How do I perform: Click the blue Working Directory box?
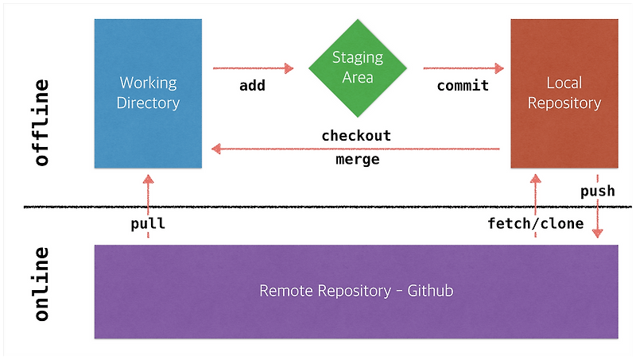148,93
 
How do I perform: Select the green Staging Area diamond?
357,68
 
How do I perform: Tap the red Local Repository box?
564,93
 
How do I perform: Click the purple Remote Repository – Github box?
356,291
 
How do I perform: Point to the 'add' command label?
252,86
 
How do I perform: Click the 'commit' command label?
463,86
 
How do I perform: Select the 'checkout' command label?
356,136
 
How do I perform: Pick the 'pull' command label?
148,223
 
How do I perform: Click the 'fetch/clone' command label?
536,223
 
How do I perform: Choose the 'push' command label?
597,192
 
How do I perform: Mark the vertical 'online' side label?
42,284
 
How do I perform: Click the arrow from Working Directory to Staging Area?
252,69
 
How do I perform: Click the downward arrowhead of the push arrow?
597,233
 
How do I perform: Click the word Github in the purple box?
430,291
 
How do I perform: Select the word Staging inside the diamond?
357,58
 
